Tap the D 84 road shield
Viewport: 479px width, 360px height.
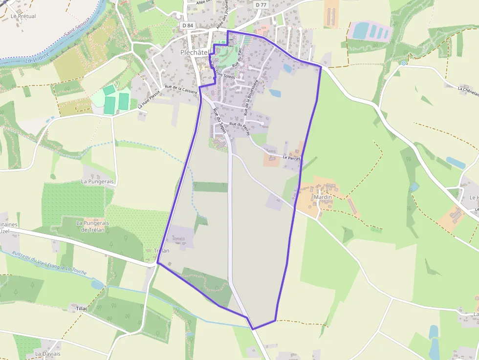coord(187,25)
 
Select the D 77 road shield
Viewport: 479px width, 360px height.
coord(261,5)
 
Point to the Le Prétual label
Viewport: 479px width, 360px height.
coord(23,16)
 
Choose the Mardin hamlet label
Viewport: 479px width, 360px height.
coord(323,197)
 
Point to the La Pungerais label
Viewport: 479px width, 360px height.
coord(97,181)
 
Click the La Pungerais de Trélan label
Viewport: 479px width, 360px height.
coord(92,226)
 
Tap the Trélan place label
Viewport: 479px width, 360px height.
coord(161,251)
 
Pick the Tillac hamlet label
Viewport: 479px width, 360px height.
coord(82,309)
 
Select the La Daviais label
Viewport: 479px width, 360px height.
coord(48,354)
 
